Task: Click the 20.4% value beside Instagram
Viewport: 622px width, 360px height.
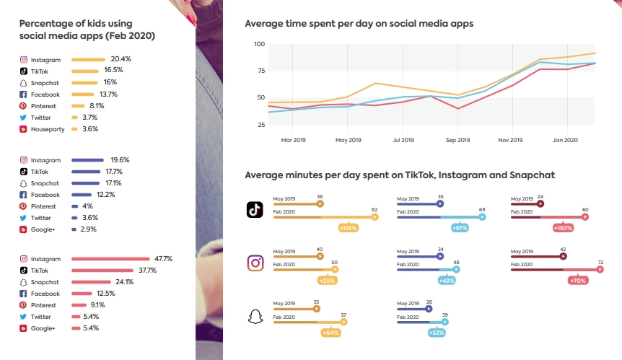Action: [121, 58]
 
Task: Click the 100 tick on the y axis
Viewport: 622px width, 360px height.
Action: [259, 45]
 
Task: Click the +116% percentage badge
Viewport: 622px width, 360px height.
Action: [350, 228]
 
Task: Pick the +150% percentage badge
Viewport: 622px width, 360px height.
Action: [563, 228]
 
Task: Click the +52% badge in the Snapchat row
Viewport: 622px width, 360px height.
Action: [437, 333]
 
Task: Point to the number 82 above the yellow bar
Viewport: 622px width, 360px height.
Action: [374, 209]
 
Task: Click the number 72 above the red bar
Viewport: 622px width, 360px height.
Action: [600, 262]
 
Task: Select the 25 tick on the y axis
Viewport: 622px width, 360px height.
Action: [260, 124]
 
